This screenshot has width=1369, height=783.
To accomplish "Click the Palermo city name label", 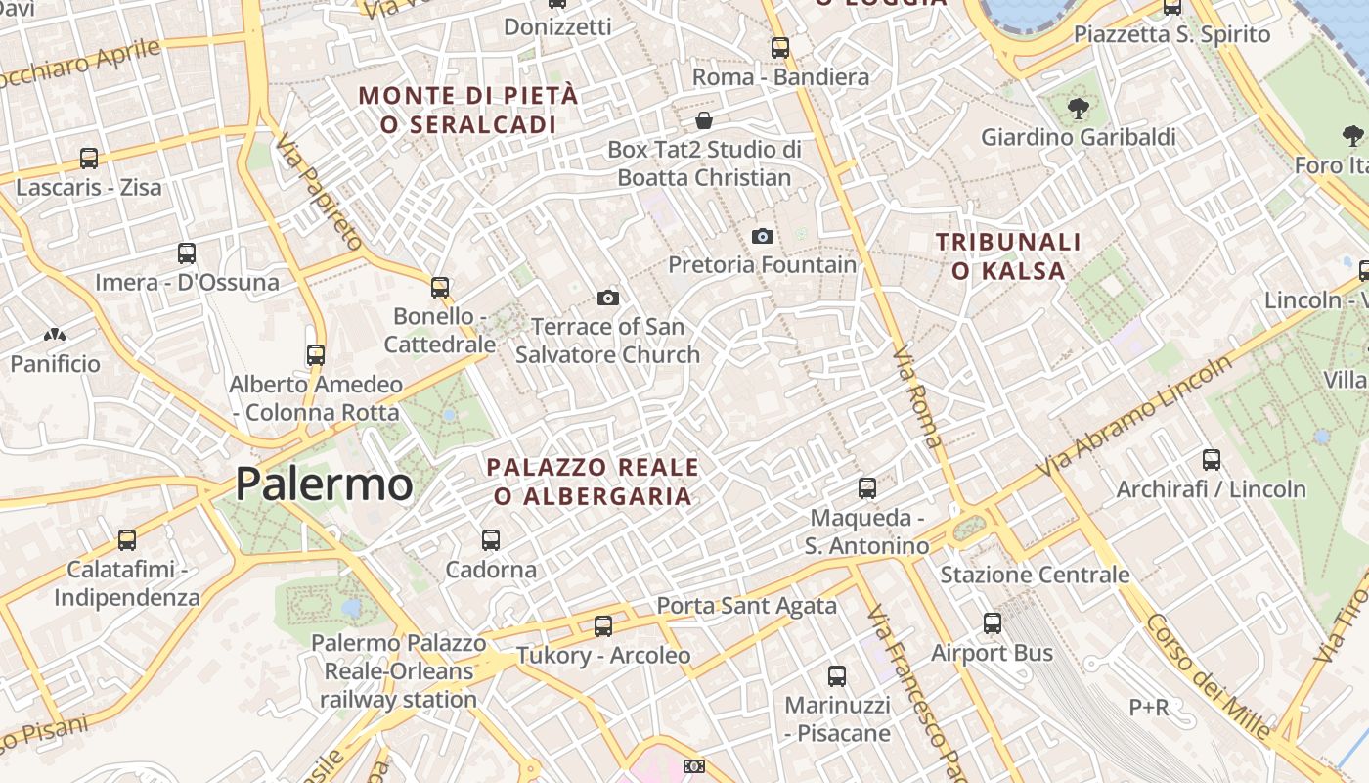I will tap(324, 484).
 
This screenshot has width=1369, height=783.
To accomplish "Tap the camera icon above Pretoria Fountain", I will tap(763, 236).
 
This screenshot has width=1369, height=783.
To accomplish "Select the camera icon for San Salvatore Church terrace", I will tap(608, 298).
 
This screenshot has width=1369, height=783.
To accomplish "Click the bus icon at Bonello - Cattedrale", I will tap(440, 287).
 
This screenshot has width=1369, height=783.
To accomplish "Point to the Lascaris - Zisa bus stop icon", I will tap(89, 158).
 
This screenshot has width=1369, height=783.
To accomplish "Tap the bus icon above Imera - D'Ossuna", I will tap(187, 253).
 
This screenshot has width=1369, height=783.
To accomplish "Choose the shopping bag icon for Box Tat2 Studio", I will tap(704, 120).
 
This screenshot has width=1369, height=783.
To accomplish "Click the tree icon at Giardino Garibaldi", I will tap(1079, 109).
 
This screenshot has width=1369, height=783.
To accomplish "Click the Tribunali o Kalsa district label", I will tap(1008, 256).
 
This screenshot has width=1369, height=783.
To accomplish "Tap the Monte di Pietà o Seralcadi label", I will tap(468, 110).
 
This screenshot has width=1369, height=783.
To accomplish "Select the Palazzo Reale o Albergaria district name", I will tap(593, 482).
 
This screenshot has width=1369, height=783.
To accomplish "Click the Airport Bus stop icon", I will tap(993, 623).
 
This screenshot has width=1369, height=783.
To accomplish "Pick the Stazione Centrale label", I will tap(1035, 575).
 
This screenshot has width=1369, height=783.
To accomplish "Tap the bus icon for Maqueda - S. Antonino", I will tap(867, 487).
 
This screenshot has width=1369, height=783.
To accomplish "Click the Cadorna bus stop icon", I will tap(491, 539).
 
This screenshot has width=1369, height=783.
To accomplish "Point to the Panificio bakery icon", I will tap(55, 335).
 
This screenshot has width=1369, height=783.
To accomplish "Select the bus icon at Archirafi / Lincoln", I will tap(1212, 459).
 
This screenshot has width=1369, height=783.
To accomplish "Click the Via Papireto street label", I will tap(319, 192).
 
